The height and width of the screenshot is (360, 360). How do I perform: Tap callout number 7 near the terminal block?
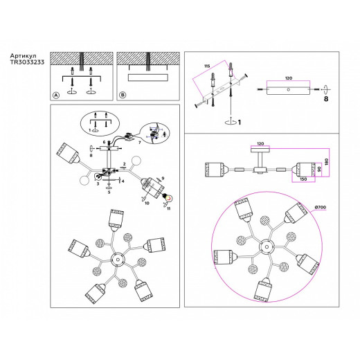[139, 142]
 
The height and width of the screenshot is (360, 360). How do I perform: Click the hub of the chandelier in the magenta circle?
[265, 245]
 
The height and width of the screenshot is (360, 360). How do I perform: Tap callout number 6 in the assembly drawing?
[103, 142]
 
